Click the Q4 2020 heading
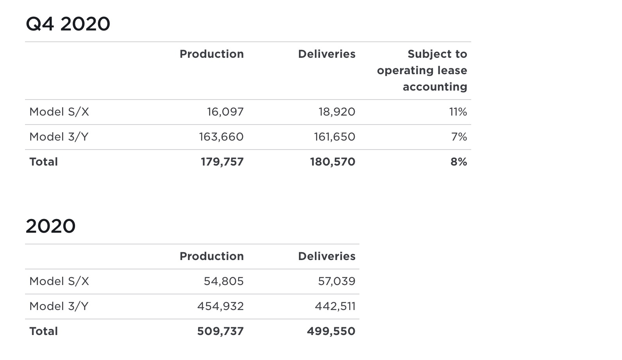68,24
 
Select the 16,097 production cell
225,112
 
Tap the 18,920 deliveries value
337,112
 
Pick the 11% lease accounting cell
458,112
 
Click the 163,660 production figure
221,137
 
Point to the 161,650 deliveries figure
334,137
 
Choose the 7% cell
459,137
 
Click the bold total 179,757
222,162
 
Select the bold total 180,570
332,162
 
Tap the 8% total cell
459,162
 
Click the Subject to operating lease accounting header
422,70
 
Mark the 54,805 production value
223,282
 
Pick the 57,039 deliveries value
336,282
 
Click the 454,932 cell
220,307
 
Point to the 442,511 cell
335,307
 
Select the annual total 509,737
220,331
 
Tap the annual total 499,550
331,331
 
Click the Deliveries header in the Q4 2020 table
327,54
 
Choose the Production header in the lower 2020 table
211,256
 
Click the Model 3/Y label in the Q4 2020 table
59,137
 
